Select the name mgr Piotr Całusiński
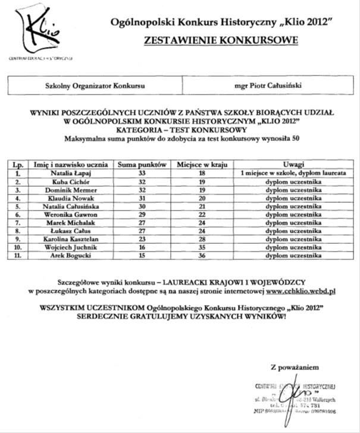click(x=268, y=85)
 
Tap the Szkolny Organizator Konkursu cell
click(x=95, y=85)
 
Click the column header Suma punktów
click(x=142, y=164)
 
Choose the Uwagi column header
click(x=293, y=164)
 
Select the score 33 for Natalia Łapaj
click(x=142, y=172)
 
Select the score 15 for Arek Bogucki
click(x=142, y=255)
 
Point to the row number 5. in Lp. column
click(x=19, y=205)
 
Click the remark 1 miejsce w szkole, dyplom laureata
click(x=293, y=172)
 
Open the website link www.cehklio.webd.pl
click(x=301, y=292)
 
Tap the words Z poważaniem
click(x=290, y=366)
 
